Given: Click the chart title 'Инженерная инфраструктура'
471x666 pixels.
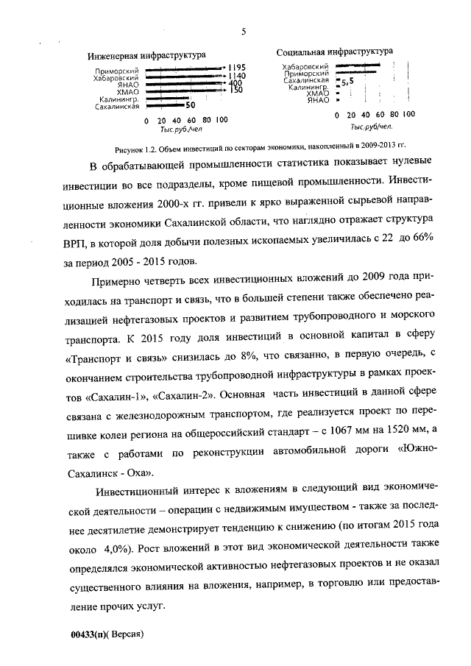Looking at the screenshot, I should pos(146,55).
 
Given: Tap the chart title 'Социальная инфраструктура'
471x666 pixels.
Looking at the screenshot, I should pos(334,52).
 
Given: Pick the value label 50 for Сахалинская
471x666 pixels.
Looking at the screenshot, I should pos(190,106).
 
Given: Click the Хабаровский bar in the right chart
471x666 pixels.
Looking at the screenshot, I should pos(358,66).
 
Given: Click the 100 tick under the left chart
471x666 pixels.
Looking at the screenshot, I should pos(222,120).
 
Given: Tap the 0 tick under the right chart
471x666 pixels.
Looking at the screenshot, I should pos(336,116).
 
